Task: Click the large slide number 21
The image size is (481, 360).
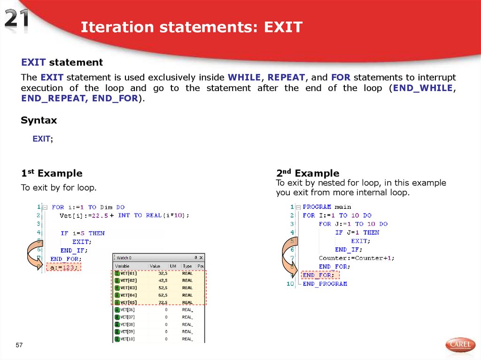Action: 17,21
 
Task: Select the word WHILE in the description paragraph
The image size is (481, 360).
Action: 246,77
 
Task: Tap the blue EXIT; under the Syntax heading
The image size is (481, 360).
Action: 42,139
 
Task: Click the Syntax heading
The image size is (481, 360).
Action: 39,120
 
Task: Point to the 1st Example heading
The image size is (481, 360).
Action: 52,173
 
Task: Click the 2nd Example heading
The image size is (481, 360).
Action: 307,173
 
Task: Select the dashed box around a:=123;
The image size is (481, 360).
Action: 63,267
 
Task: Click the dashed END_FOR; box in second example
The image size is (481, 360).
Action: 319,275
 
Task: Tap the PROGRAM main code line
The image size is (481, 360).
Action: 326,207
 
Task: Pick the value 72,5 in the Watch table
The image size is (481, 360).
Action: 163,302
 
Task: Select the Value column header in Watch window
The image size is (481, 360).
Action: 155,266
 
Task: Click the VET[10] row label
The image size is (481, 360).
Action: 128,339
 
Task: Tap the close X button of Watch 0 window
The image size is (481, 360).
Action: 201,258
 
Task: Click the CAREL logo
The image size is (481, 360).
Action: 460,345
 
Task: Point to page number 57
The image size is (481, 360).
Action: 19,345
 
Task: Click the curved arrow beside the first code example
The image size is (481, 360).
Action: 33,253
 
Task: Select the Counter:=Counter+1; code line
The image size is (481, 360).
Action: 357,258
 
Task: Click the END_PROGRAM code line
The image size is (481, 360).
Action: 325,283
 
